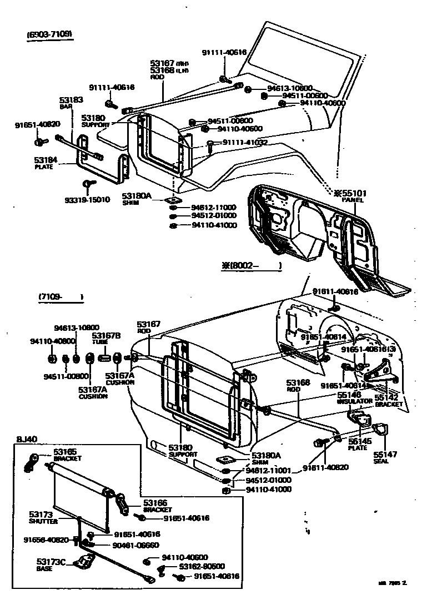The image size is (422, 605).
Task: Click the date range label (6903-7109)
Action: click(50, 34)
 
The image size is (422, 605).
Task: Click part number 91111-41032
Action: click(245, 143)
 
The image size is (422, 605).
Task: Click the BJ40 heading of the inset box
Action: click(26, 440)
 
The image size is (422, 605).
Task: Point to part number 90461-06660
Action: click(136, 545)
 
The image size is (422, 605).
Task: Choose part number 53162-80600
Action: click(202, 567)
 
